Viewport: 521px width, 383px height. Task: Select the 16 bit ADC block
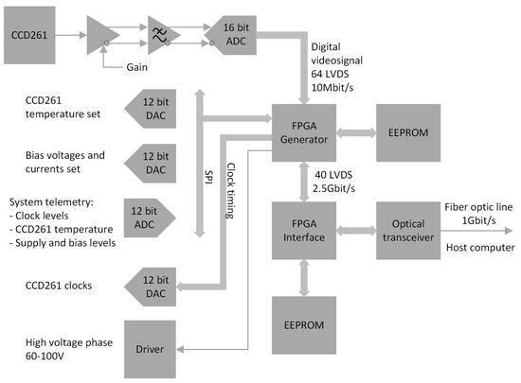click(237, 36)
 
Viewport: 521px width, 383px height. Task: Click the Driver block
click(158, 349)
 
